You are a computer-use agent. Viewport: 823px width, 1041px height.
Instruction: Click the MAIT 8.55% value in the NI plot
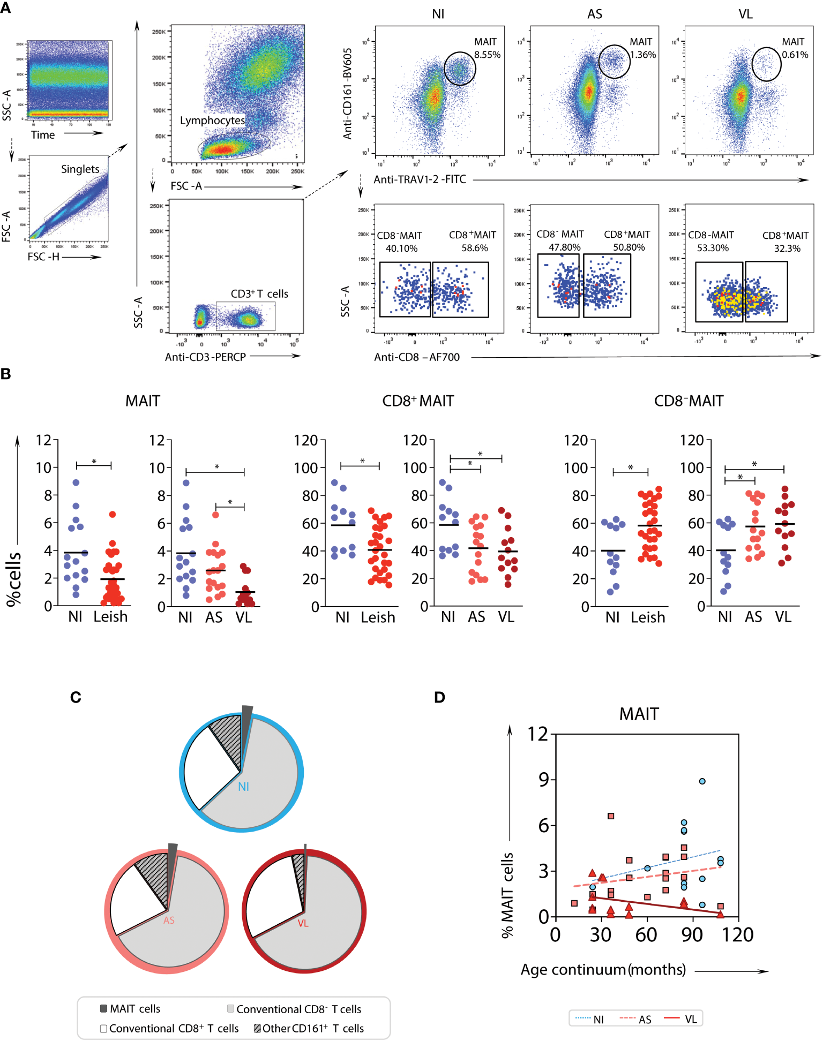tap(487, 55)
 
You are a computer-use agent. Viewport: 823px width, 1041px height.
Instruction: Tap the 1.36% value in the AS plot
tap(643, 55)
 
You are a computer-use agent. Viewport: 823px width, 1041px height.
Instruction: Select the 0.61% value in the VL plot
tap(795, 55)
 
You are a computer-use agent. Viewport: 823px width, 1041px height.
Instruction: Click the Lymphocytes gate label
tap(212, 120)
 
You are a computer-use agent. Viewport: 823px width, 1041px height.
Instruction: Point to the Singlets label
tap(80, 169)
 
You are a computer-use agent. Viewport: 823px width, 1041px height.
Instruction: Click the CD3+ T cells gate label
tap(259, 293)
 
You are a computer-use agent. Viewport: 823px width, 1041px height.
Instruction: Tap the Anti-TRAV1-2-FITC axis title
tap(420, 179)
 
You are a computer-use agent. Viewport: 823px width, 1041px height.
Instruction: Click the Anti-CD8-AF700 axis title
tap(417, 357)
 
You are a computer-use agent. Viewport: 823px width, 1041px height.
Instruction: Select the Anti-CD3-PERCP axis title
tap(205, 357)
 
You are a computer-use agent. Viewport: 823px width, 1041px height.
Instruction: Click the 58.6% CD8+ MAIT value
tap(475, 248)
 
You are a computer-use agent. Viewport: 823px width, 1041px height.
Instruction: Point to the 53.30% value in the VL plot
tap(713, 248)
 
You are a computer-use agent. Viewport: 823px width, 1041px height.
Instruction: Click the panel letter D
tap(439, 697)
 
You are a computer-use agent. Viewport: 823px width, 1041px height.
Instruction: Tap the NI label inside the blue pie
tap(243, 787)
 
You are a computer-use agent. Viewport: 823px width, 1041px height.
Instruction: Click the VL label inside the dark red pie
tap(303, 923)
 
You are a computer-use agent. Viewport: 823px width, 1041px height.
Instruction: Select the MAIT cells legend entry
tap(130, 1009)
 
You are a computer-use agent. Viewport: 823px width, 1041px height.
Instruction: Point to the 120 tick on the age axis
tap(738, 935)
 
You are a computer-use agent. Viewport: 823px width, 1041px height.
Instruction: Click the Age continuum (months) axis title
tap(603, 970)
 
